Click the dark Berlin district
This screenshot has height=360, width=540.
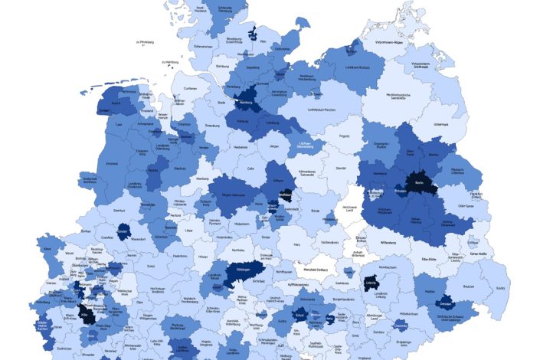(419, 185)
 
